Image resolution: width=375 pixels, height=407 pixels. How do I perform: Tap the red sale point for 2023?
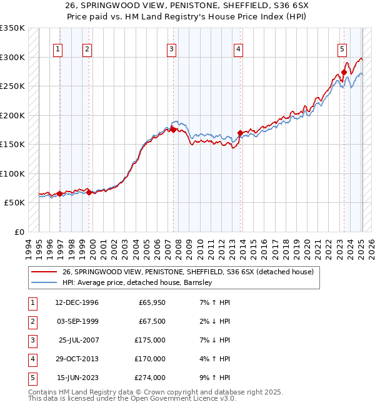point(344,73)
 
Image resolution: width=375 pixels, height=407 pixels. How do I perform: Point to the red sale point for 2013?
point(240,133)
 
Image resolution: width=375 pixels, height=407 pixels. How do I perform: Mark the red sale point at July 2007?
point(174,130)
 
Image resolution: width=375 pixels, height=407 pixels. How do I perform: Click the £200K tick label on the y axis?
point(12,115)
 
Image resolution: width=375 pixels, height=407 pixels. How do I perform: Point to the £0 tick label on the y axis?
point(19,232)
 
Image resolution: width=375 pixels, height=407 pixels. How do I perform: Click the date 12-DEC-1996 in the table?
point(76,302)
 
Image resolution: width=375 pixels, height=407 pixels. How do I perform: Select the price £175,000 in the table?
point(150,340)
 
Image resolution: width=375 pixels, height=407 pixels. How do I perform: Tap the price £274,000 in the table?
point(150,378)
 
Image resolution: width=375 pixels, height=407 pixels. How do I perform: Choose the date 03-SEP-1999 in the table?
point(76,321)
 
